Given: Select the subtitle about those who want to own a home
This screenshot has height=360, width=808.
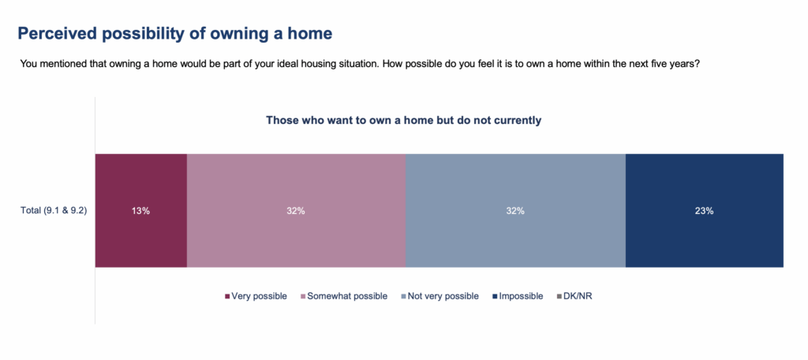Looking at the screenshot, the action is click(x=403, y=121).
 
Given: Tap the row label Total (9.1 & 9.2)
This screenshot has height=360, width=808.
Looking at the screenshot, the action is click(x=53, y=211).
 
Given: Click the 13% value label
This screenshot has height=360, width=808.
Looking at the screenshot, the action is click(x=140, y=211).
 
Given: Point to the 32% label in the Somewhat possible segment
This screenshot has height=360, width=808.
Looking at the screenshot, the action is click(x=297, y=211).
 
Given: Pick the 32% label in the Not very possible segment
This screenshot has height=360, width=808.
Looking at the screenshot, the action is click(x=515, y=211).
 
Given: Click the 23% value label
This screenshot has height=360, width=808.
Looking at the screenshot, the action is click(x=705, y=211).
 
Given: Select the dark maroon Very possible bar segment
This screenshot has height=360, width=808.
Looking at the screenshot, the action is click(x=141, y=211).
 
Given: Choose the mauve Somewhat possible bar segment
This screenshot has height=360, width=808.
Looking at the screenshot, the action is click(x=297, y=211).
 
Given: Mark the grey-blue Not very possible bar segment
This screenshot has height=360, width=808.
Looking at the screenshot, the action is click(x=516, y=211).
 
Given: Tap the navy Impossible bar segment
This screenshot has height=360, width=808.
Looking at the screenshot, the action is click(x=705, y=211).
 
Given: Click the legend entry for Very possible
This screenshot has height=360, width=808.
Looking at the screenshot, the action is click(x=256, y=297).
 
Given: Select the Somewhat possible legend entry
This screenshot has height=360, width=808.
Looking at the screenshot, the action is click(x=344, y=297).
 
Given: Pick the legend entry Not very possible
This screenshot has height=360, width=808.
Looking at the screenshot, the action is click(x=440, y=297).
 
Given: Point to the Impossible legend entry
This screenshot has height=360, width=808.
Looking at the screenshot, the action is click(x=518, y=297).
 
